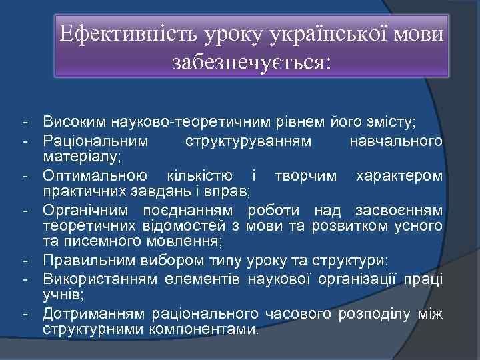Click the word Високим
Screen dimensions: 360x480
click(73, 123)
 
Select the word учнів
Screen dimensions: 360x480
click(60, 294)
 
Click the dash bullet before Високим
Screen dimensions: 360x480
click(24, 123)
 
